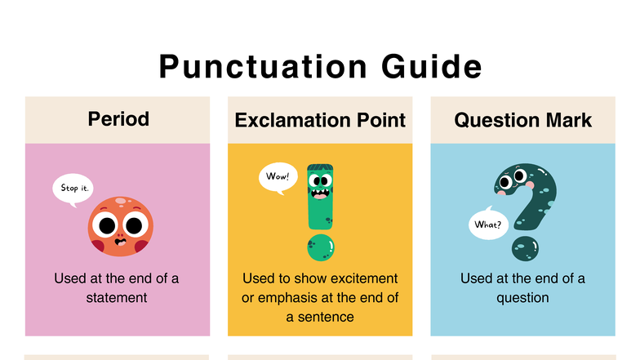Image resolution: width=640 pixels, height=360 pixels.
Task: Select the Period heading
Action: [118, 119]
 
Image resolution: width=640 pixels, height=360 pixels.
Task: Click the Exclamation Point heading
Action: [320, 120]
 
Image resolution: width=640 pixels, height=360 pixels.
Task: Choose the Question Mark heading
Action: [523, 120]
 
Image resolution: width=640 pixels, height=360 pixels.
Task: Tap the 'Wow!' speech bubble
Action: [278, 176]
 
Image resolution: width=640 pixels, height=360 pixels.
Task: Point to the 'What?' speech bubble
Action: [488, 224]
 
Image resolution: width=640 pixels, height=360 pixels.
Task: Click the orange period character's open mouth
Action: [121, 241]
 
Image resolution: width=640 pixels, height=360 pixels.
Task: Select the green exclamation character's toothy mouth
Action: [320, 195]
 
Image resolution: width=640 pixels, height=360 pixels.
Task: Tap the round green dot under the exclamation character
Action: [320, 247]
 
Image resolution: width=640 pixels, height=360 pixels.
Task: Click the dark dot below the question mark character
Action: [525, 247]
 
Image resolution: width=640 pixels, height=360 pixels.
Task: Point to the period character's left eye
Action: [106, 224]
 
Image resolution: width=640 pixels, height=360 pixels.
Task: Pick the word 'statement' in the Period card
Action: [117, 298]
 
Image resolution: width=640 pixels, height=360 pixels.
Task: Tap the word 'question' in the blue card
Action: [522, 298]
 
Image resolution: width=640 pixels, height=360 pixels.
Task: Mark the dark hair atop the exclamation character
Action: [320, 171]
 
